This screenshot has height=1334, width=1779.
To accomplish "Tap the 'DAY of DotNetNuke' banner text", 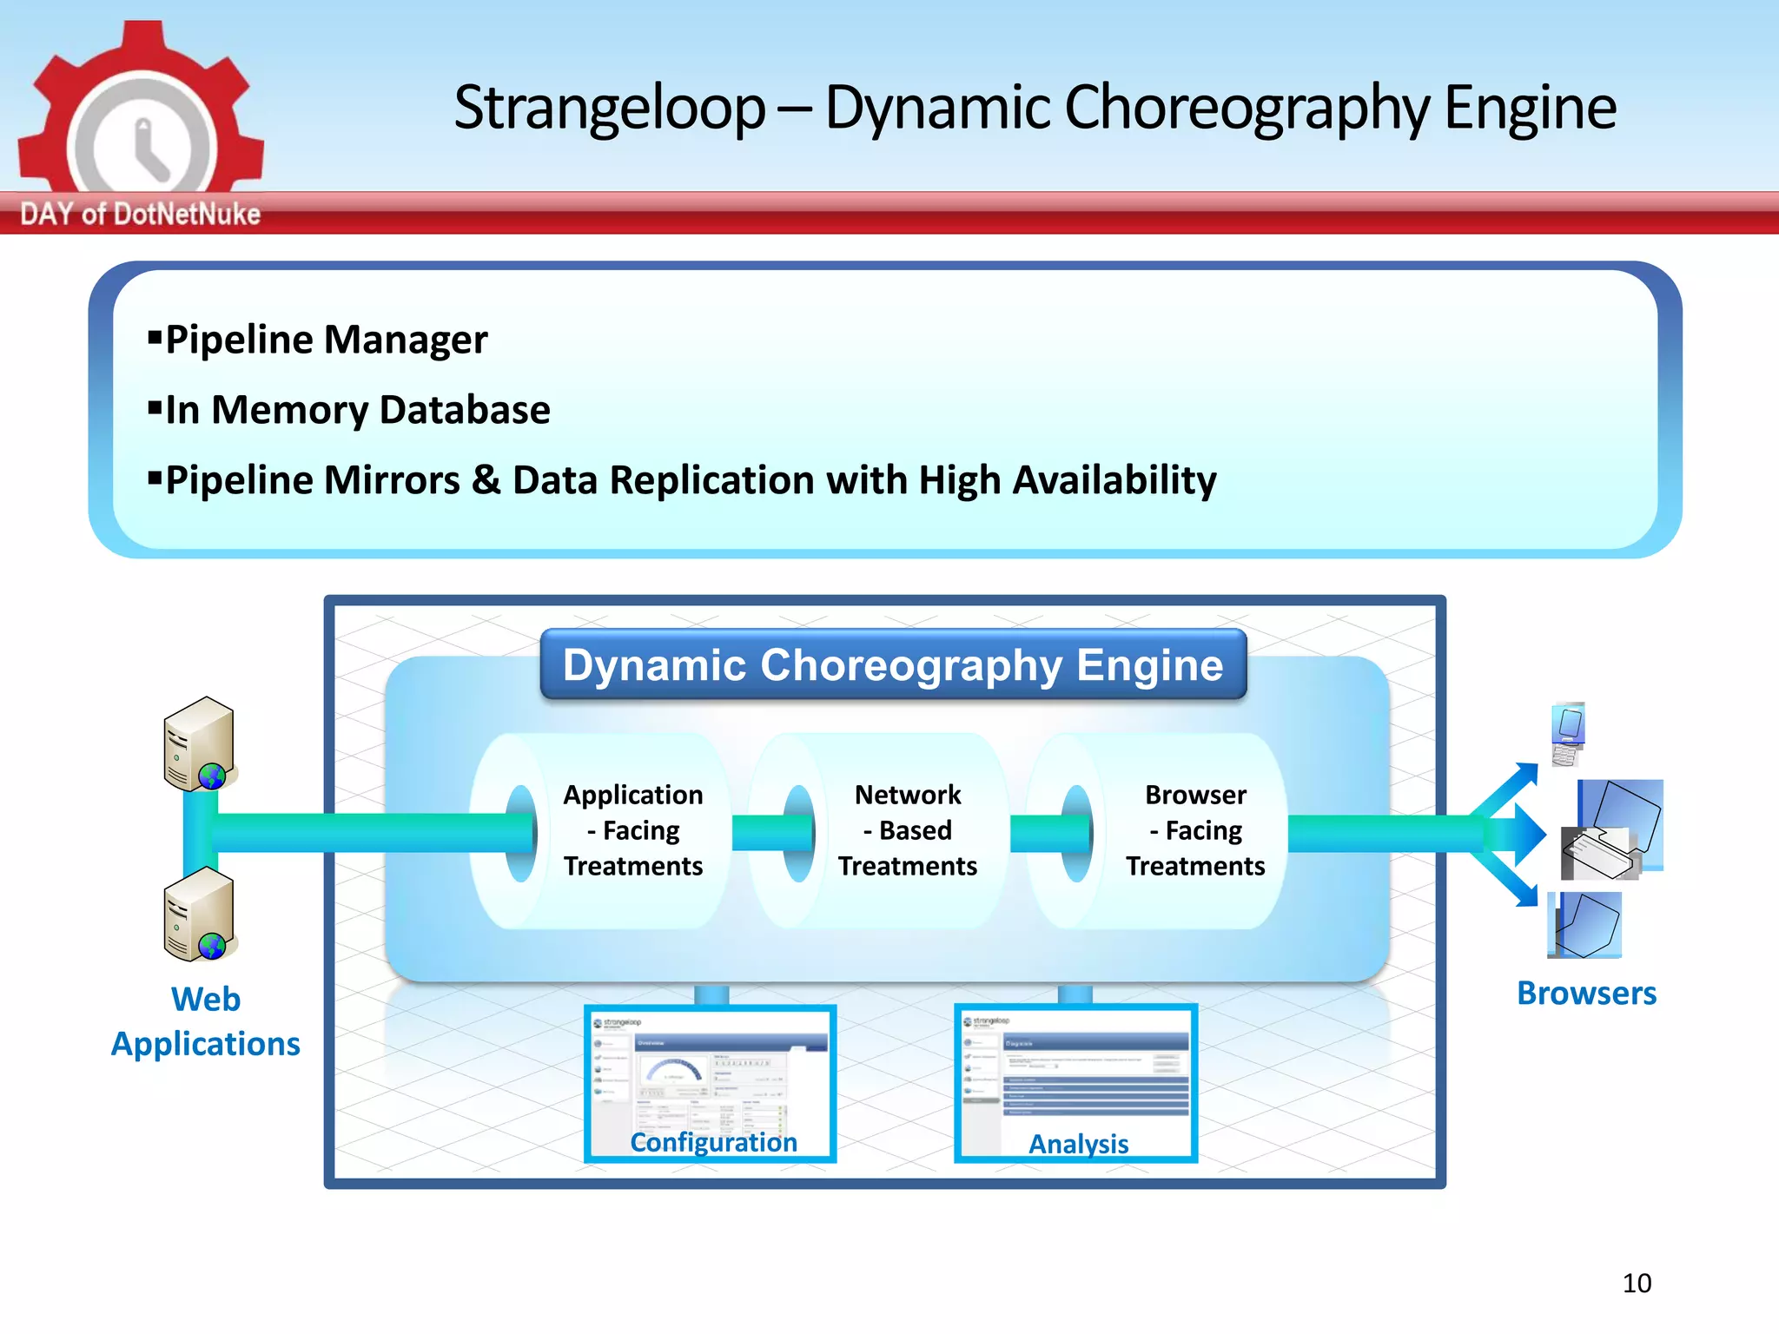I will [x=140, y=214].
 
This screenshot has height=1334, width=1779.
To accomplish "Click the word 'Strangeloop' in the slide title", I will [x=609, y=109].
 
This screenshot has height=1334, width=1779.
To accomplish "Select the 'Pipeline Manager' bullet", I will [x=326, y=340].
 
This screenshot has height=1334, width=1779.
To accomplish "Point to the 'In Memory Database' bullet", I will [x=357, y=410].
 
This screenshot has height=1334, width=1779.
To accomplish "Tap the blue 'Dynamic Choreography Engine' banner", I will [x=893, y=665].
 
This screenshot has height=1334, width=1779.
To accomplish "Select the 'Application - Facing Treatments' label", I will [x=633, y=830].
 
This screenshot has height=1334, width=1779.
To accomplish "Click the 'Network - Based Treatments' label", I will [x=908, y=830].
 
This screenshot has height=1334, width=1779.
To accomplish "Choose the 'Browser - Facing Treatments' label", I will [x=1195, y=830].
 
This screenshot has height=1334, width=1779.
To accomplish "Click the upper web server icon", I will [x=200, y=744].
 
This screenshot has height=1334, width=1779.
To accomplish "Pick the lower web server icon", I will [x=200, y=915].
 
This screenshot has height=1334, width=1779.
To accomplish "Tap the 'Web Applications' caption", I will [x=206, y=1021].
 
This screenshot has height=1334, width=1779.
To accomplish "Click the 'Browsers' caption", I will [x=1586, y=994].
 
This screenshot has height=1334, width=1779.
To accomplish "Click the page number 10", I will [x=1637, y=1283].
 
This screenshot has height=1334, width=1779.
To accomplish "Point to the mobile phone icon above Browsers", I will [x=1569, y=734].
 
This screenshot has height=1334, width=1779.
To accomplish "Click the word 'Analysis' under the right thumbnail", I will [x=1078, y=1144].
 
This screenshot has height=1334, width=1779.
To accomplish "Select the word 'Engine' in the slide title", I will [x=1530, y=109].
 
